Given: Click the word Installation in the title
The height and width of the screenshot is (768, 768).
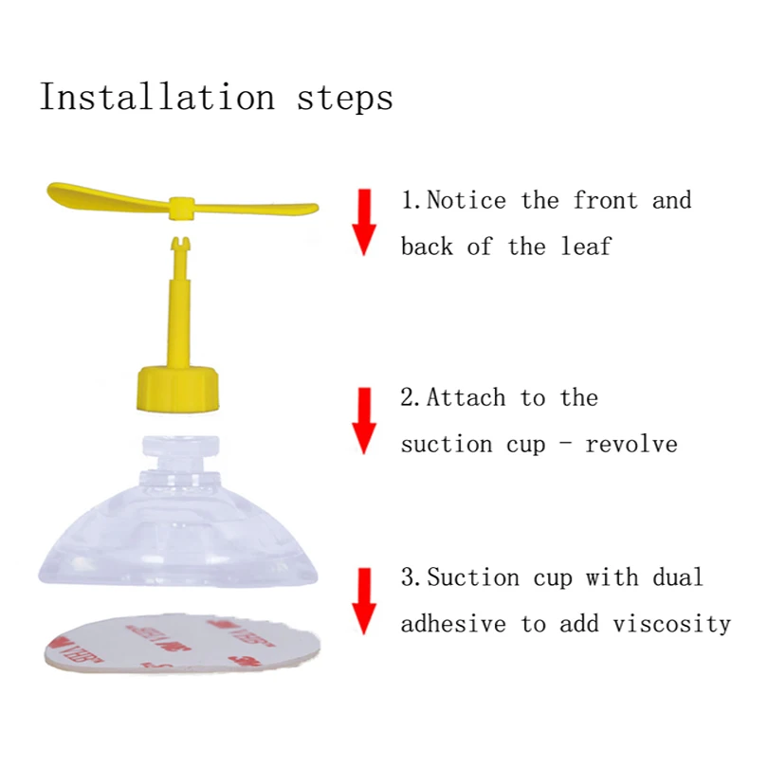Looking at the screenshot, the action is [x=157, y=97].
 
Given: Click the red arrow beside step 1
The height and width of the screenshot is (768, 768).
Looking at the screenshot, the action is [x=364, y=222].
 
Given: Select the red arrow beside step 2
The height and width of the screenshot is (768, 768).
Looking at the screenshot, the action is [x=364, y=421].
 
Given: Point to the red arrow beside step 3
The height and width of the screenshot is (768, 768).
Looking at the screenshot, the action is [x=364, y=601].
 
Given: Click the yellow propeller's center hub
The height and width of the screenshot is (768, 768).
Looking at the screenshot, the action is [x=182, y=209].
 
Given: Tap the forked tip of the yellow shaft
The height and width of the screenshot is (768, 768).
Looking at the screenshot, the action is [x=182, y=244].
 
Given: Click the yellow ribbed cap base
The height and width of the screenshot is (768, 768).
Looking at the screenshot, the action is [x=177, y=388].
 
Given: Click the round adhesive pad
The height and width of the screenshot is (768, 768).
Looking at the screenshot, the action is [x=182, y=644].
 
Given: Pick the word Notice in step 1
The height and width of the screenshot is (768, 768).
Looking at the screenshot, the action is [x=466, y=200].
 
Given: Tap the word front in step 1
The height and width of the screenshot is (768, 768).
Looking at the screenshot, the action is [x=605, y=200].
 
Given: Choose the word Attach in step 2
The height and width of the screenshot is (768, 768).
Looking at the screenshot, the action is [x=466, y=397].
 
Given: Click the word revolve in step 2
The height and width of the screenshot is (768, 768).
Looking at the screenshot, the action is [x=631, y=445].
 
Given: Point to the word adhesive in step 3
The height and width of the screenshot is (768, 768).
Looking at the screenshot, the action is [x=453, y=624].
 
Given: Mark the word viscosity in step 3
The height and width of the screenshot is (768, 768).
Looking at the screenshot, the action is [x=671, y=625].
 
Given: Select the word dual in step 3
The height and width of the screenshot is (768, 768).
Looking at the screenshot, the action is [x=677, y=577].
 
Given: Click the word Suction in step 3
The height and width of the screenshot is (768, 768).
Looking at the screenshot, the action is [x=473, y=577].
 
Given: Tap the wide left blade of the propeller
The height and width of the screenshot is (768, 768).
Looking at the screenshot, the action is [x=108, y=196].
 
